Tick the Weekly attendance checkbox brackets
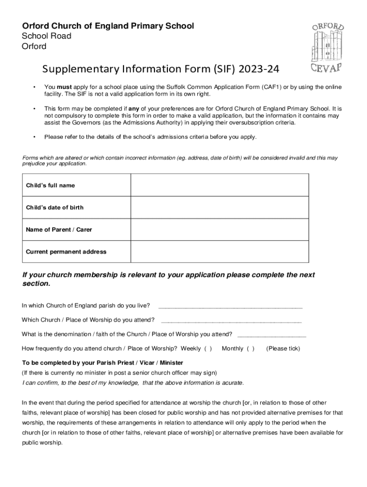coord(208,349)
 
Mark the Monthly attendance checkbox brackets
coord(250,349)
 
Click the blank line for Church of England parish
coord(230,306)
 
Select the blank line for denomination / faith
coord(271,334)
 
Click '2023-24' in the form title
coord(259,70)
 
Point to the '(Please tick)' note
coord(283,349)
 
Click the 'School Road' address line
coord(46,36)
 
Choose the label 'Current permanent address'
coord(66,252)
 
